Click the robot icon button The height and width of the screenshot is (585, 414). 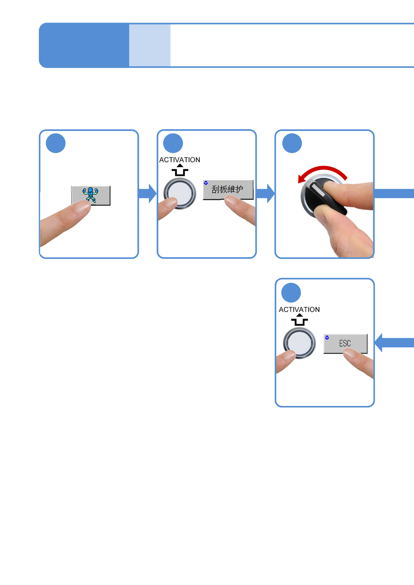[x=91, y=195]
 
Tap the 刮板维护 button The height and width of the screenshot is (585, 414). [x=228, y=189]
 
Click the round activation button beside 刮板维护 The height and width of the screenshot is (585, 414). [x=180, y=193]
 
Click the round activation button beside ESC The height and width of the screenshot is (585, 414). [x=299, y=343]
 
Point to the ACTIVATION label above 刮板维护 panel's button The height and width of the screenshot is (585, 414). [x=180, y=160]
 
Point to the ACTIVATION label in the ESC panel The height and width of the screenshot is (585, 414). [x=299, y=310]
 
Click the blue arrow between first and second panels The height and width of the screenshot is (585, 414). [x=148, y=193]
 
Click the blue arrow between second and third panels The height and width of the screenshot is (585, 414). [x=265, y=193]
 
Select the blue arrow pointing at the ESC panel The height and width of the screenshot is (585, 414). [x=393, y=343]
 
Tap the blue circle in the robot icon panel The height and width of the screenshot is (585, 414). [x=56, y=143]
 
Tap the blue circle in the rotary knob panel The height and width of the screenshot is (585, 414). [x=292, y=143]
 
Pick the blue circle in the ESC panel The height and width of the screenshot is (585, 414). [x=291, y=293]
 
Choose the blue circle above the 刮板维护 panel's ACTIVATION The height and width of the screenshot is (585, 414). [x=173, y=143]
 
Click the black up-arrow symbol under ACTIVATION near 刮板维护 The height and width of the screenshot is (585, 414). [x=180, y=170]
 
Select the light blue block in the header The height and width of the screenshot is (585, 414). [x=150, y=45]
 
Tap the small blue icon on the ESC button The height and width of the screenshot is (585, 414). [x=327, y=337]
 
